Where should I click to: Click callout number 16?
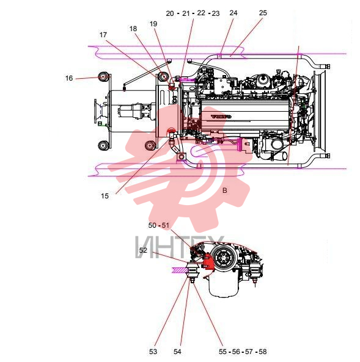pos(69,78)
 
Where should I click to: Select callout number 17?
pos(103,35)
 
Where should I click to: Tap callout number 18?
pos(133,29)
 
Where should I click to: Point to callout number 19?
pos(153,24)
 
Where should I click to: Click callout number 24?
pos(233,13)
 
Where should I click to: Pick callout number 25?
pos(263,13)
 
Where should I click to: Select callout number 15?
pos(105,196)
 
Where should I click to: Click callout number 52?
pos(143,250)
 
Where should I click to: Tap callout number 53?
pos(153,352)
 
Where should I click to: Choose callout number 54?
pos(177,352)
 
